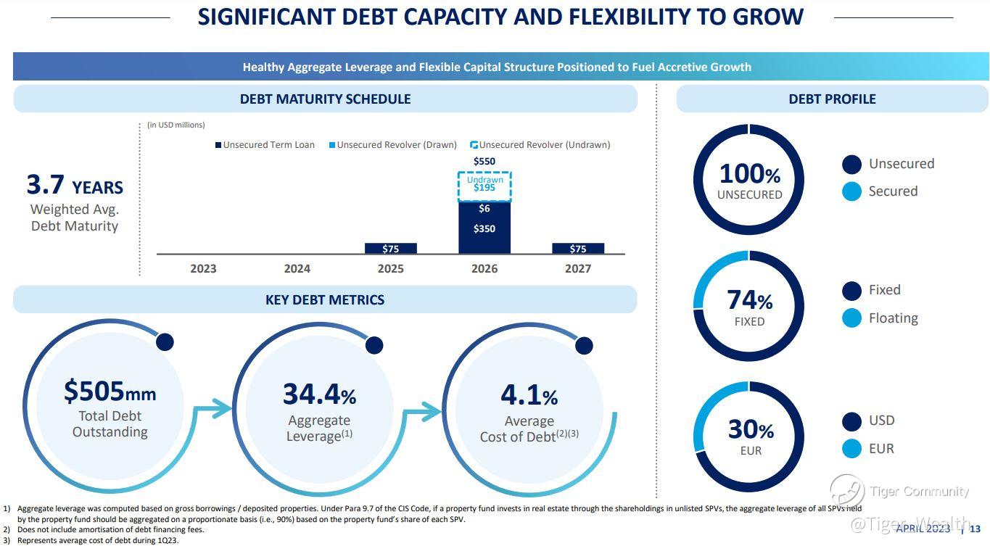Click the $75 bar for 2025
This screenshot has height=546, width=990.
(x=390, y=249)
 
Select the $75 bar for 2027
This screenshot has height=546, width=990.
(x=578, y=249)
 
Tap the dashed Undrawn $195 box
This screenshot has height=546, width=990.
(x=484, y=186)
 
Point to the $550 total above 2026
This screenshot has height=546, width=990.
(x=484, y=161)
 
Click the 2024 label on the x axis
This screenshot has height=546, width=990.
(x=297, y=268)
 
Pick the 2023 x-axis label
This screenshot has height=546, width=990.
(x=203, y=268)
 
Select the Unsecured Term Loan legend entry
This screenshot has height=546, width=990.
(x=265, y=145)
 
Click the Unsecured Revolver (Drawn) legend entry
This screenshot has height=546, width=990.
(x=392, y=145)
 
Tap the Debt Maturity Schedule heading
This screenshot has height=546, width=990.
(x=325, y=99)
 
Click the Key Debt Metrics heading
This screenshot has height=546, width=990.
(x=325, y=299)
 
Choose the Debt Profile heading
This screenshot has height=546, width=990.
(x=832, y=99)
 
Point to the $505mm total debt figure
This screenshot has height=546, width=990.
(x=110, y=391)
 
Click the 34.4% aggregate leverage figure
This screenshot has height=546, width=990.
(x=319, y=394)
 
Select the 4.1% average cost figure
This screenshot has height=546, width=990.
(x=529, y=395)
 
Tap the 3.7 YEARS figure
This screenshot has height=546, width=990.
(x=75, y=186)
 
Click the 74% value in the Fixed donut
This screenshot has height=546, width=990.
(x=749, y=299)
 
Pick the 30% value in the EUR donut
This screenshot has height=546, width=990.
(x=751, y=429)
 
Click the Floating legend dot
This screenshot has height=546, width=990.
(x=851, y=318)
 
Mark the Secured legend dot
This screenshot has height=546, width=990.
(x=851, y=191)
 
